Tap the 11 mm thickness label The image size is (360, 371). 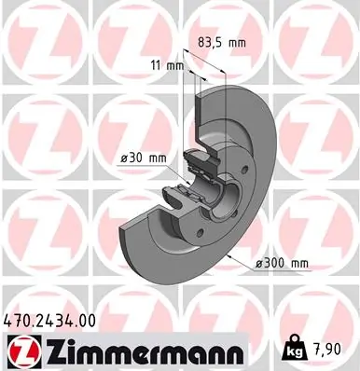pyautogui.click(x=167, y=65)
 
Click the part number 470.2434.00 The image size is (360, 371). pyautogui.click(x=49, y=322)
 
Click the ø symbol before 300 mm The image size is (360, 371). pyautogui.click(x=259, y=264)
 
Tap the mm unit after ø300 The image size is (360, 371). pyautogui.click(x=298, y=264)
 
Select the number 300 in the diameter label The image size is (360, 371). pyautogui.click(x=274, y=264)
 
